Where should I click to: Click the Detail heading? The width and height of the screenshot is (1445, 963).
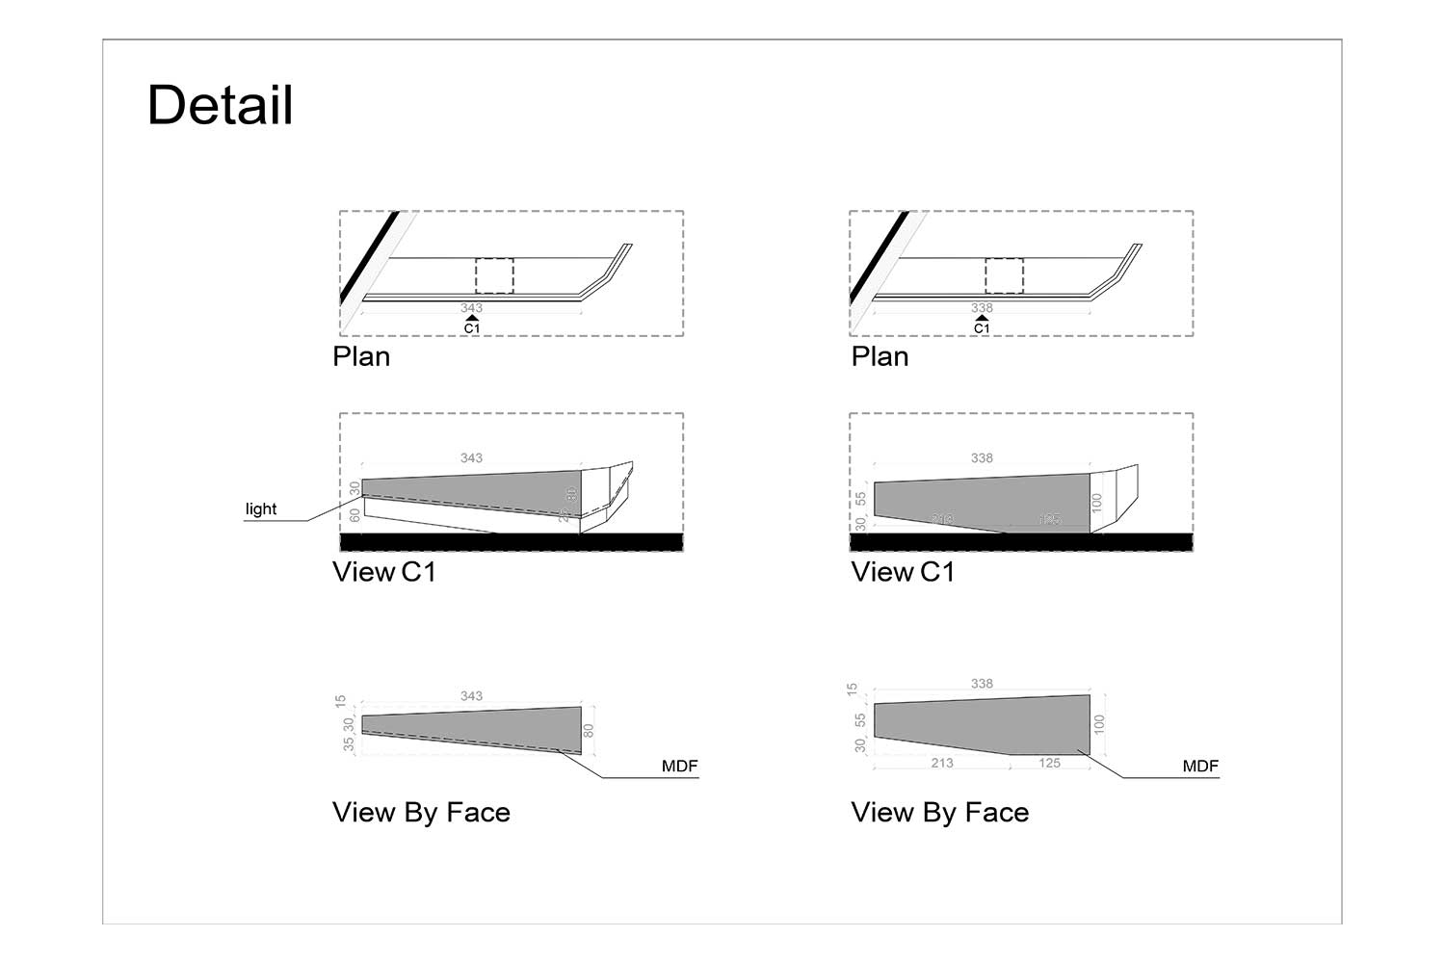pos(220,105)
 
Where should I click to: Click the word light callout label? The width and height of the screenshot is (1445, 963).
pos(261,509)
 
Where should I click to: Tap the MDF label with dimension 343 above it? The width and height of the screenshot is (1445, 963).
pos(679,767)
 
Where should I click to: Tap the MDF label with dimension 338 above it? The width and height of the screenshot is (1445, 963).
pos(1200,767)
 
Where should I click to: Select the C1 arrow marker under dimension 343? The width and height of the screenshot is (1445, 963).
pos(471,324)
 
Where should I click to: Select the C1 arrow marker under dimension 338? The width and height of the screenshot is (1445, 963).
pos(982,324)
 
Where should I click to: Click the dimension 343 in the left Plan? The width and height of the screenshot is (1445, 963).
pos(471,308)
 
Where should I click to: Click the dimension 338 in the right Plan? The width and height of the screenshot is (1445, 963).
pos(982,308)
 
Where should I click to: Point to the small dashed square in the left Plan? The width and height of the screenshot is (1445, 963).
pos(494,275)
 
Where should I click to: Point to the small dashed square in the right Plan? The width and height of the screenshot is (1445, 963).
pos(1004,275)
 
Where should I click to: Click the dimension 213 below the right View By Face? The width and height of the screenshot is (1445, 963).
pos(942,763)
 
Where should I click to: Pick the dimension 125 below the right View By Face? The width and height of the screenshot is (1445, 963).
pos(1049,763)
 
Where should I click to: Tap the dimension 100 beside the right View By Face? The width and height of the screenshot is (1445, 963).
pos(1099,724)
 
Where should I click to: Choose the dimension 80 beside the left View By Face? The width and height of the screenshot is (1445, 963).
pos(589,731)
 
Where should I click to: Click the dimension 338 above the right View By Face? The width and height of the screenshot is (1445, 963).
pos(982,684)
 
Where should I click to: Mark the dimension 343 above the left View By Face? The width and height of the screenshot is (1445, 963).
pos(471,696)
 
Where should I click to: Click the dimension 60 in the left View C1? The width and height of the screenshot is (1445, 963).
pos(355,515)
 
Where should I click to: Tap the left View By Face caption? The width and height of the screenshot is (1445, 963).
pos(421,813)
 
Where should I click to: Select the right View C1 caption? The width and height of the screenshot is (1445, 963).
pos(903,572)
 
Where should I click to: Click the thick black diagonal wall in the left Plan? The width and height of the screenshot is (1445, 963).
pos(369,257)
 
